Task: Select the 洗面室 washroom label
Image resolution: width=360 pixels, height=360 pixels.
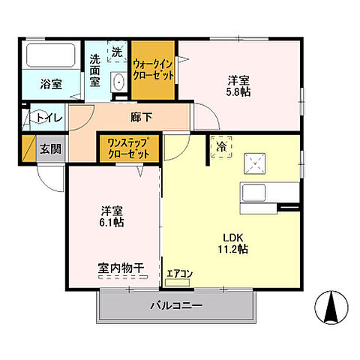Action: coord(97,72)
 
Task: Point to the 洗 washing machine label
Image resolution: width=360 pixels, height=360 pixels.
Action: coord(117,52)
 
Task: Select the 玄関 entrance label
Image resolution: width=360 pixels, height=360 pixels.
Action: coord(52,148)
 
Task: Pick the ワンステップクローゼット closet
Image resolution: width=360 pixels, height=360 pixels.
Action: coord(128,147)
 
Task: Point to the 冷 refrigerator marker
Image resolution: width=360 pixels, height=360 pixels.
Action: coord(223,148)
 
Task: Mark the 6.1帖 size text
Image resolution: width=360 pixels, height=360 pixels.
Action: coord(112,223)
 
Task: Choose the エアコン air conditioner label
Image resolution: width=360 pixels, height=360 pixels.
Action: coord(180,274)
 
